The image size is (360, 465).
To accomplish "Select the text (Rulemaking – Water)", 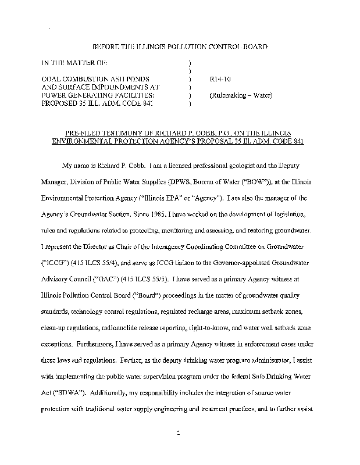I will tap(240, 95).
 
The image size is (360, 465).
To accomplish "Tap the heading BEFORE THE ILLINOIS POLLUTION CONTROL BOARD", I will tap(180, 46).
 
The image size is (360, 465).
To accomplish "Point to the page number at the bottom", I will tap(180, 433).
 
